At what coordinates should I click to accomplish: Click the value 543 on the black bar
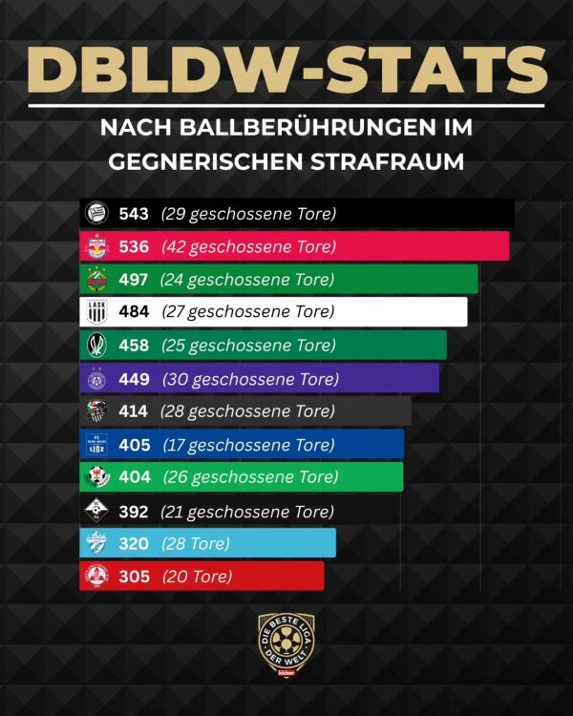[135, 214]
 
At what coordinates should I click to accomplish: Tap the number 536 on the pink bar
[135, 246]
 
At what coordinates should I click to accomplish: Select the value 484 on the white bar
[135, 312]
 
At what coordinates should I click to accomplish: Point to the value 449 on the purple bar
[135, 379]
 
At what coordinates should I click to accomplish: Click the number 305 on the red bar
[134, 577]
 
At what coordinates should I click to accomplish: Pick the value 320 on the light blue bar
[134, 543]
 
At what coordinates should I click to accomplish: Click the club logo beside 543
[96, 214]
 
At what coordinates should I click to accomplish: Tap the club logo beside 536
[96, 247]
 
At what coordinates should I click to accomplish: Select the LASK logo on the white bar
[96, 312]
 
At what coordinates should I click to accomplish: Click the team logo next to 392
[96, 511]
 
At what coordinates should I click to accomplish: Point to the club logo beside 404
[96, 477]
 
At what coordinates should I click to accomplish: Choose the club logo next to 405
[96, 444]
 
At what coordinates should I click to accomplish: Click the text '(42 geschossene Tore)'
[248, 246]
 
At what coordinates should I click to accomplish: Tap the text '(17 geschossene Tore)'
[248, 445]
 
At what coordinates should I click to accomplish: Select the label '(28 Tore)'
[196, 543]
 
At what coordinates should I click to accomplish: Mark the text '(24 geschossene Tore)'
[247, 280]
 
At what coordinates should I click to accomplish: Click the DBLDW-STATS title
[286, 68]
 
